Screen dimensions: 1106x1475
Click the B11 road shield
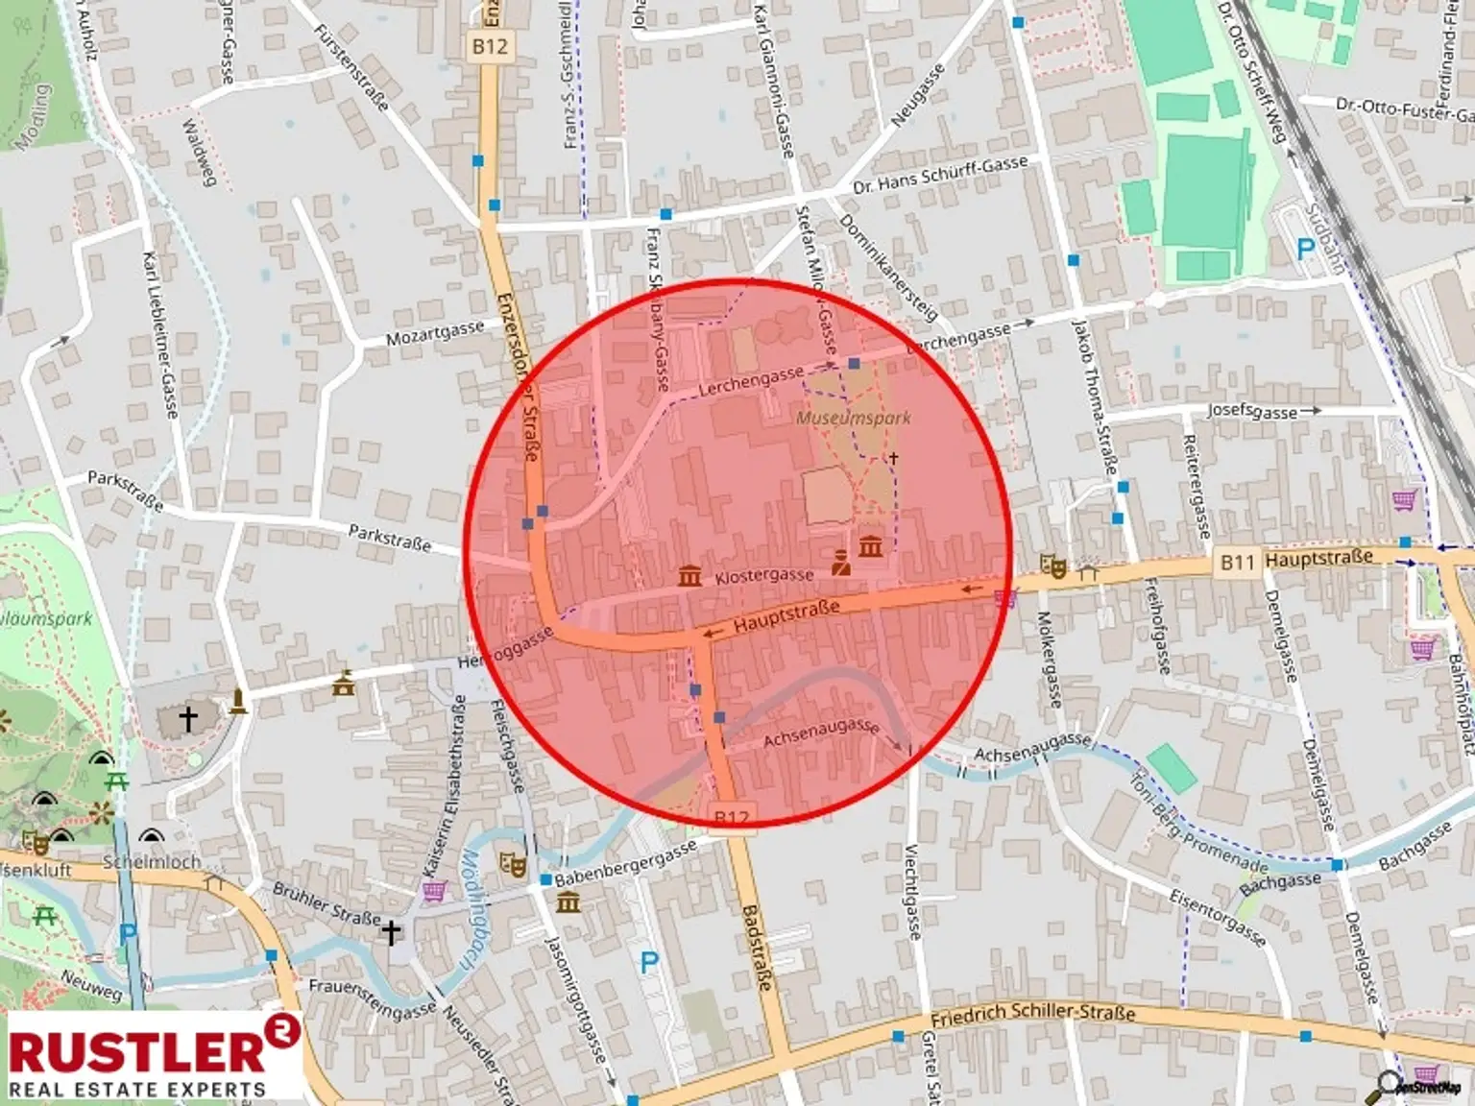[1238, 562]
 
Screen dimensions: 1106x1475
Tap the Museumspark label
[854, 418]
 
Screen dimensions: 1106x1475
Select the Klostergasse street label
[764, 576]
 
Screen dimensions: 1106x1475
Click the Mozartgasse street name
[435, 333]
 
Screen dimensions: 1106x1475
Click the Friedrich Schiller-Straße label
[1033, 1015]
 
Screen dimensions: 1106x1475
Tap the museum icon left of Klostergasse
[689, 575]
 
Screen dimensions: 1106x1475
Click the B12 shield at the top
[490, 45]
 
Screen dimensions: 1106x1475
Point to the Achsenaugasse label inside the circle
[821, 733]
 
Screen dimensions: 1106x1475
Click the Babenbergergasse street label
[626, 865]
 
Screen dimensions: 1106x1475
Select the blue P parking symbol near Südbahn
[1305, 250]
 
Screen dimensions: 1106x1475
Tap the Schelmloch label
[152, 861]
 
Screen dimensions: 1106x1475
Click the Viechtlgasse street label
[913, 892]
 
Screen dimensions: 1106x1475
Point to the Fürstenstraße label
[351, 67]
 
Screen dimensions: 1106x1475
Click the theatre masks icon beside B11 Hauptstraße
[1054, 566]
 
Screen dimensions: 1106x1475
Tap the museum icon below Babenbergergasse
[568, 902]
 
